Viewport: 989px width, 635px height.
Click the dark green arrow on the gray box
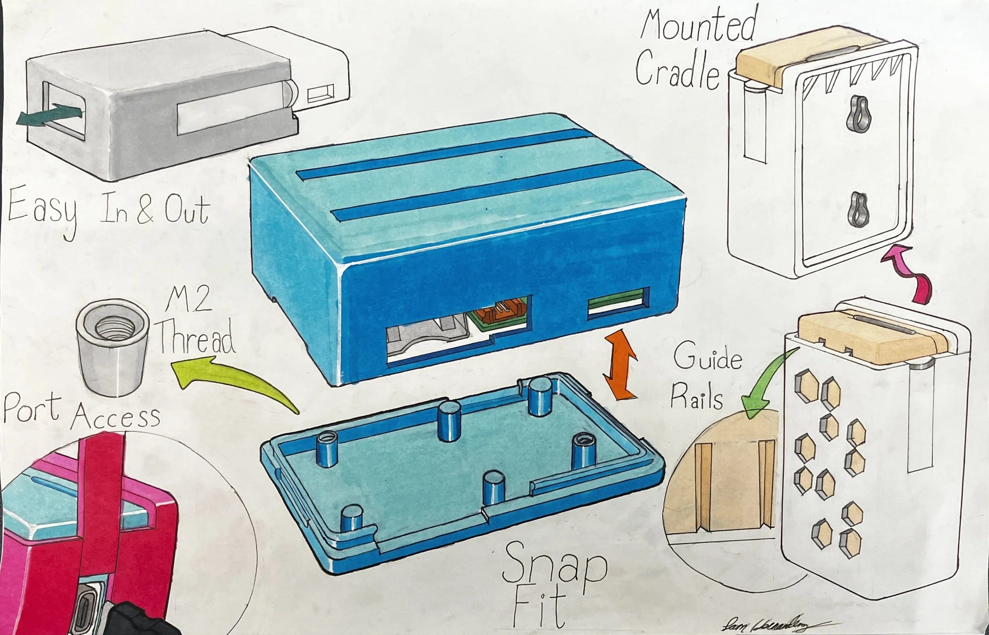(47, 116)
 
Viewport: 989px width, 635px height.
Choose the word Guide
(707, 358)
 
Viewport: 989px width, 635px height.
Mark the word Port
(32, 408)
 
